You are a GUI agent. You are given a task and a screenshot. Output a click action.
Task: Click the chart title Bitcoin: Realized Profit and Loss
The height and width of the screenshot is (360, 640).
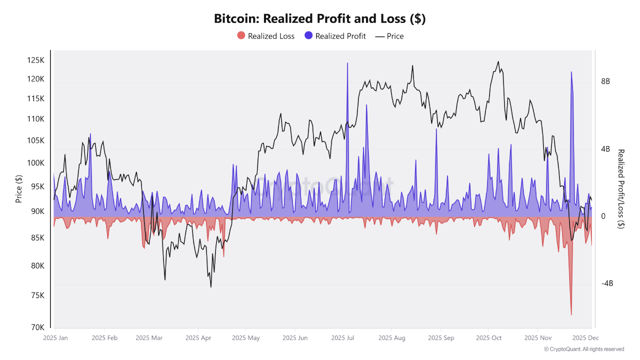[x=319, y=19]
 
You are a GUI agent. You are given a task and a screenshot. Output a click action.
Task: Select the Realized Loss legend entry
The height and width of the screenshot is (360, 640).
[x=265, y=36]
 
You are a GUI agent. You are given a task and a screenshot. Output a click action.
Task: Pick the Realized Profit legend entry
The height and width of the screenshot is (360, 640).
[x=335, y=36]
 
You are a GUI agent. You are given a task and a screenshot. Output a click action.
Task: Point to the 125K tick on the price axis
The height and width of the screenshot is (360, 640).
[x=35, y=60]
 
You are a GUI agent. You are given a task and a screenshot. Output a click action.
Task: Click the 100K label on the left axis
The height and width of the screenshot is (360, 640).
[x=35, y=163]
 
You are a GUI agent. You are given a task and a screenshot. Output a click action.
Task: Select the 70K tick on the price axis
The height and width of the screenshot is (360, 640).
[x=38, y=327]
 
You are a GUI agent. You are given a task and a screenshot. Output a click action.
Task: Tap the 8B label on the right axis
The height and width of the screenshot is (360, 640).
[x=605, y=81]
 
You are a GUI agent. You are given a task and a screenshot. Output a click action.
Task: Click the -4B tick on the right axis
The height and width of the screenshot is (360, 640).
[x=606, y=283]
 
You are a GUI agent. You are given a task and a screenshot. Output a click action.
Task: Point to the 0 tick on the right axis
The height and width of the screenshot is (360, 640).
[x=603, y=216]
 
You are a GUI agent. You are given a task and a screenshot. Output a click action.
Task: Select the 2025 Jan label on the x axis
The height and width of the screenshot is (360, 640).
[x=55, y=338]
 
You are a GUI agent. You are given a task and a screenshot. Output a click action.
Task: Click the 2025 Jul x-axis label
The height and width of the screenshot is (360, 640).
[x=343, y=338]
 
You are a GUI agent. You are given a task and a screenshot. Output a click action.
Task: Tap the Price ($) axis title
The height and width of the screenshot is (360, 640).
[x=19, y=189]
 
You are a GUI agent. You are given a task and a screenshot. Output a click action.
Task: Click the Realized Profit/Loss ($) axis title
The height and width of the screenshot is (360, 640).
[x=621, y=189]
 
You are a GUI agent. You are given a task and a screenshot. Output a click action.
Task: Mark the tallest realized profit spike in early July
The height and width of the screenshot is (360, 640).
[x=347, y=63]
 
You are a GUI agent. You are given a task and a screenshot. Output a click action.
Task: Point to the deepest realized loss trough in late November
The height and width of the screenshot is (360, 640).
[x=571, y=314]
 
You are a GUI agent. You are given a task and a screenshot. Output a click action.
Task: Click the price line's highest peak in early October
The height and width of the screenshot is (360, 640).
[x=498, y=62]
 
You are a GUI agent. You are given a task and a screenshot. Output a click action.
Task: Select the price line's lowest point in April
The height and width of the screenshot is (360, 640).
[x=211, y=286]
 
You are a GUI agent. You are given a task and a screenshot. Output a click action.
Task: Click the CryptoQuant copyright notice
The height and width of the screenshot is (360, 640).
[x=583, y=349]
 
